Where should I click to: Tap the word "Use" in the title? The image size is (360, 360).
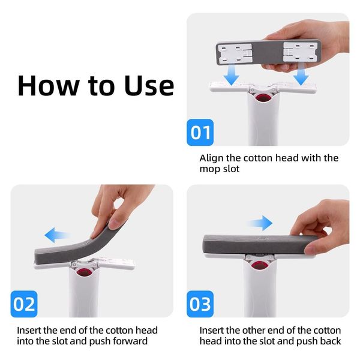(x=149, y=85)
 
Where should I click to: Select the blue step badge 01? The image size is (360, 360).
(x=200, y=133)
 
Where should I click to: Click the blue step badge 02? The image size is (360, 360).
(x=24, y=304)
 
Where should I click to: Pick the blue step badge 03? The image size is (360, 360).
(x=200, y=304)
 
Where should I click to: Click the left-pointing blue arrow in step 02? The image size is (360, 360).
(x=56, y=235)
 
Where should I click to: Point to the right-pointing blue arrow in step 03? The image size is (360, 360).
(x=260, y=223)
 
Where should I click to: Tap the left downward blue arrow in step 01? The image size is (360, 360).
(x=232, y=74)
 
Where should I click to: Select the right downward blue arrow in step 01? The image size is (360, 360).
(x=301, y=74)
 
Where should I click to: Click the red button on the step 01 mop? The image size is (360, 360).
(x=263, y=98)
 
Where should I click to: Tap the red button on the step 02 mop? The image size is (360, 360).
(x=84, y=273)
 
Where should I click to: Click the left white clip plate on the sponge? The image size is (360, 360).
(x=235, y=53)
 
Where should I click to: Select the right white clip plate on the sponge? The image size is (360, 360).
(x=301, y=52)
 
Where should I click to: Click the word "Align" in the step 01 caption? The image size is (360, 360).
(x=211, y=158)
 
